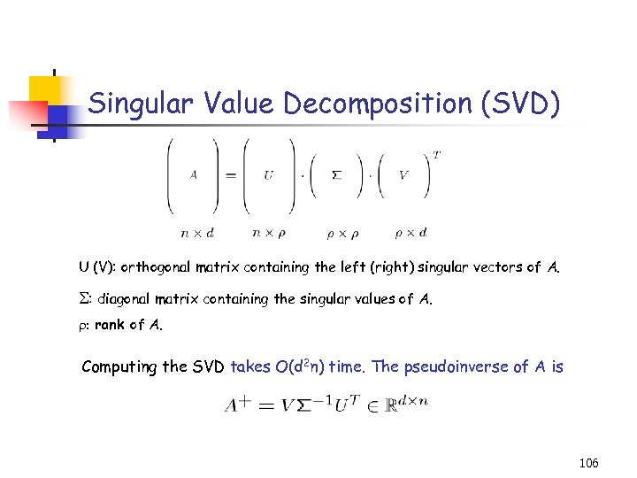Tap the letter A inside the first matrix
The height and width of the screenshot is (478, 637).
193,174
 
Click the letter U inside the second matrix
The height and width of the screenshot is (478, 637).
268,174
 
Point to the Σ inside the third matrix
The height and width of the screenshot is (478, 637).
335,174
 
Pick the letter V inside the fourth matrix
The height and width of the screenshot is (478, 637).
403,174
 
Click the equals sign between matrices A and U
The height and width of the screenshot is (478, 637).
230,174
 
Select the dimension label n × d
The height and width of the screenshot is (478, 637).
196,233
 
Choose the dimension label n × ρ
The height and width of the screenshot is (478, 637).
269,233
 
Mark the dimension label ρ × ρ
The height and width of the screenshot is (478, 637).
338,233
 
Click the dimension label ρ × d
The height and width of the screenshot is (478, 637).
411,233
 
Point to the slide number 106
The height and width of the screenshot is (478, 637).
587,463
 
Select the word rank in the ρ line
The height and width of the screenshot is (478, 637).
110,324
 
